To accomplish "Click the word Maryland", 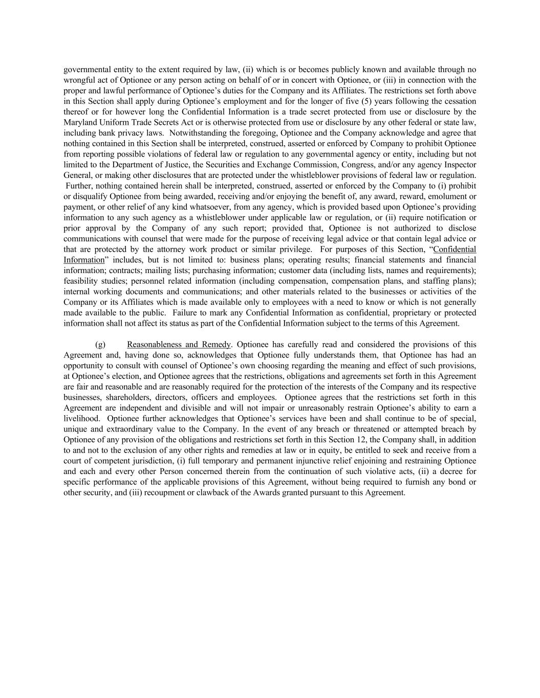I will pyautogui.click(x=79, y=122).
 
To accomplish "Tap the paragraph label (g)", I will pyautogui.click(x=100, y=345).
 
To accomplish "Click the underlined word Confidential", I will pyautogui.click(x=455, y=250).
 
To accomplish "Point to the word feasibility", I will pyautogui.click(x=80, y=281).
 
